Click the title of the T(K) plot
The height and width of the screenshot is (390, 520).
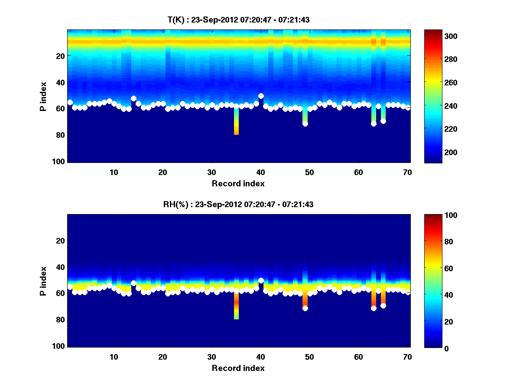pos(238,19)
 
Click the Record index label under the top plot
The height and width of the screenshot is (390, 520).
pos(238,183)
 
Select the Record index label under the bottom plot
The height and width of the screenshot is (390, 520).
pos(238,368)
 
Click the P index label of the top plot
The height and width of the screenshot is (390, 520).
pos(43,96)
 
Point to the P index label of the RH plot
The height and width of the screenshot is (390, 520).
pos(43,280)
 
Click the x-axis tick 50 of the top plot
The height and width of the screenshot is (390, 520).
pos(309,172)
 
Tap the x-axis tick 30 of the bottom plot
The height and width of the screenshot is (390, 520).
pos(211,357)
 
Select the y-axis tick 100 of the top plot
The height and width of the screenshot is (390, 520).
pos(60,161)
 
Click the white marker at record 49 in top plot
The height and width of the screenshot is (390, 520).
pos(305,123)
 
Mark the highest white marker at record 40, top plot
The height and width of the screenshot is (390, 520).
pos(261,96)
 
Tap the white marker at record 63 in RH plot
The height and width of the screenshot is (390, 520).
pos(374,308)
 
